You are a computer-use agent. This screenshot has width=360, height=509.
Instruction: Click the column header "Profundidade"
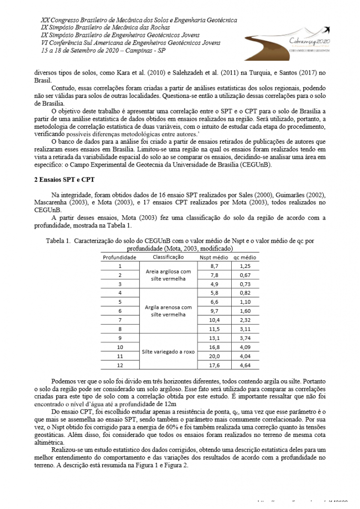coord(120,257)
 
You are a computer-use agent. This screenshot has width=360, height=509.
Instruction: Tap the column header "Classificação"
coord(169,257)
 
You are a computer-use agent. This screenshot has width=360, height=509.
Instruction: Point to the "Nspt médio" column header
coord(214,257)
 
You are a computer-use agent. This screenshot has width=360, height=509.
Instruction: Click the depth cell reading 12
coord(120,365)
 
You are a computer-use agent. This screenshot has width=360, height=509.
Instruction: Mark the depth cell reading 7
coord(120,320)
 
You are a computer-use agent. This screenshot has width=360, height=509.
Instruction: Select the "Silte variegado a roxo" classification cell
coord(168,352)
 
